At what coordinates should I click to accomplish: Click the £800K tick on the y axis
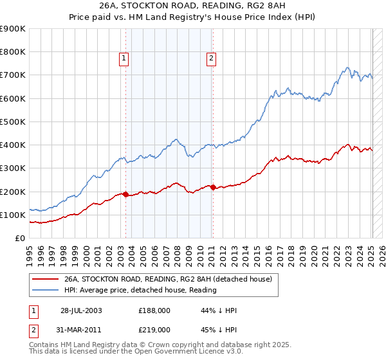pos(13,51)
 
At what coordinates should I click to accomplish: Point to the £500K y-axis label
pos(13,122)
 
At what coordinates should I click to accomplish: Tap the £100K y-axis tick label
pos(13,215)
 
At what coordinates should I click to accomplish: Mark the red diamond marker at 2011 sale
pos(213,187)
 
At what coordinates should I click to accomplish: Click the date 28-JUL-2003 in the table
pos(82,310)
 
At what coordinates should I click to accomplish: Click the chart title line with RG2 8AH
pos(193,6)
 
